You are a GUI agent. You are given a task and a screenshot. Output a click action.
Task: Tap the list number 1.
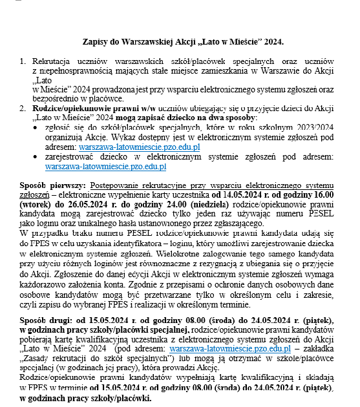pyautogui.click(x=23, y=63)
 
